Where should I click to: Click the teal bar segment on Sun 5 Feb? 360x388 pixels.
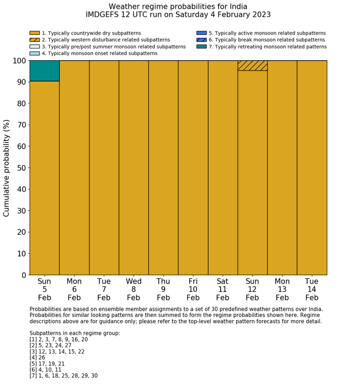tap(44, 71)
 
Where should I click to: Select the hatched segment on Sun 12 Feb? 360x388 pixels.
tap(253, 65)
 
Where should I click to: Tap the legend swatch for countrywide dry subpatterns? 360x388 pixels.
tap(34, 33)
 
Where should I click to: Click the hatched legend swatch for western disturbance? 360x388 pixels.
tap(34, 40)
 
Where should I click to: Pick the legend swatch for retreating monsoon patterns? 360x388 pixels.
tap(202, 46)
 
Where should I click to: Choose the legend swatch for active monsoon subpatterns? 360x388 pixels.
tap(202, 33)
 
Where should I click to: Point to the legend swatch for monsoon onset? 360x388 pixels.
tap(34, 53)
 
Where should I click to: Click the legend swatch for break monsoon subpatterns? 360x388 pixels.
tap(202, 40)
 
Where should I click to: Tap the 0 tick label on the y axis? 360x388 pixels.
tap(23, 275)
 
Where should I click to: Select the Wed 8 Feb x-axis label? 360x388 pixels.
tap(134, 289)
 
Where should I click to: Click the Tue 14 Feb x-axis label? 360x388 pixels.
tap(312, 289)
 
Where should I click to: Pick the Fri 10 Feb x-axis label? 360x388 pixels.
tap(193, 289)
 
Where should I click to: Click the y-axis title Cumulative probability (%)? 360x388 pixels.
tap(7, 168)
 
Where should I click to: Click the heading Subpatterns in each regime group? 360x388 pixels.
tap(75, 333)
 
